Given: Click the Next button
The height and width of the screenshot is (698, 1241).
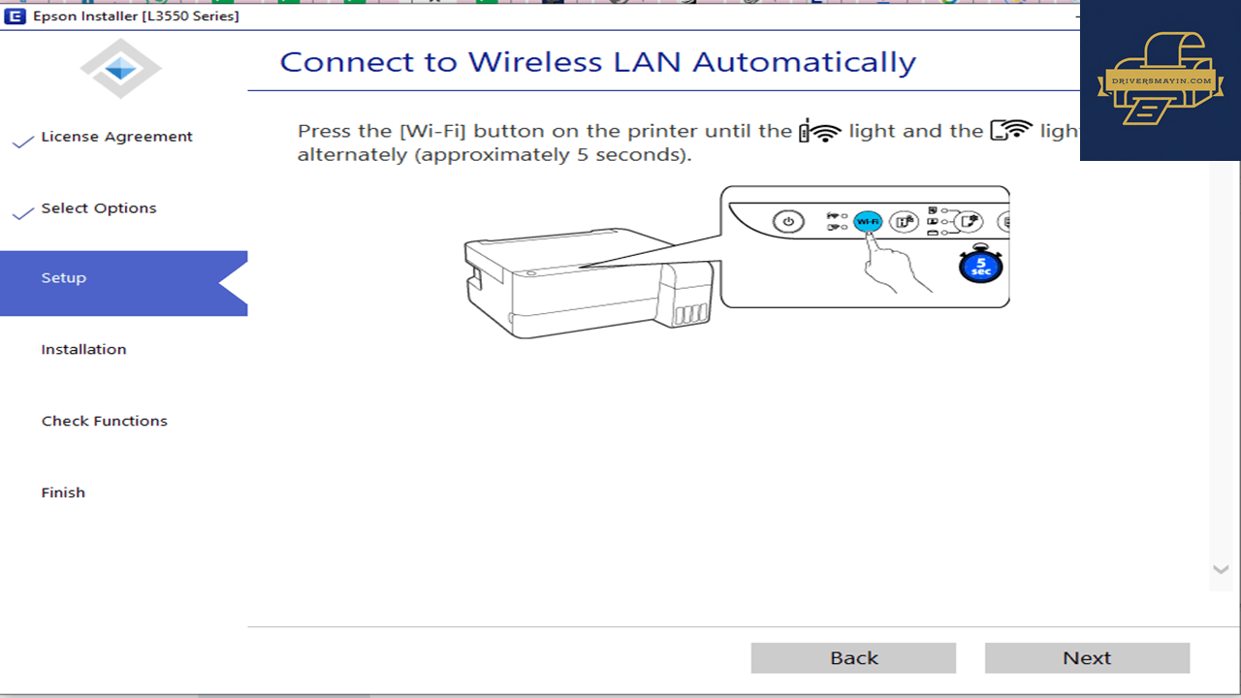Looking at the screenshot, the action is (1087, 657).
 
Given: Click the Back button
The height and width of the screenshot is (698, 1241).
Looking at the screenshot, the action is (853, 657).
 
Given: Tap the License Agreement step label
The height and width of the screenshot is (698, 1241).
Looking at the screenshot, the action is (116, 137).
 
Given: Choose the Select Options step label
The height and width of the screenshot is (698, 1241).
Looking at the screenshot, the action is (99, 208).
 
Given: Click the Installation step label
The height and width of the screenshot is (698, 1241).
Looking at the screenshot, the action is (83, 350).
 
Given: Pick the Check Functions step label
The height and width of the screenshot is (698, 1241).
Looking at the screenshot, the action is (104, 421).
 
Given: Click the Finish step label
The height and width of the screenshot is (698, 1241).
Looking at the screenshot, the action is (63, 492).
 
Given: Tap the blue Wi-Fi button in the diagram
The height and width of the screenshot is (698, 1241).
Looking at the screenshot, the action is (868, 222).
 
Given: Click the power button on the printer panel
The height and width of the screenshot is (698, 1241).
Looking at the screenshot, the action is (788, 222).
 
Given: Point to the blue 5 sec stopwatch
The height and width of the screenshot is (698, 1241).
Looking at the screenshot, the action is (980, 265).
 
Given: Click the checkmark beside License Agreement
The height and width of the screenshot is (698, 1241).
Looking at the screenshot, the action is (22, 142).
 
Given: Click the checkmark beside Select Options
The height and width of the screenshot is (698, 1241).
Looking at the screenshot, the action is (22, 213).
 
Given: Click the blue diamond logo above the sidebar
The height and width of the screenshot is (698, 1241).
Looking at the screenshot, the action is (121, 69).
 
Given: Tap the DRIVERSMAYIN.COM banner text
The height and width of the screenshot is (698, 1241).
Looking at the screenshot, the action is (1161, 80).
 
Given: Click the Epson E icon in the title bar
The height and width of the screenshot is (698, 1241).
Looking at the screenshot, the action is (15, 16).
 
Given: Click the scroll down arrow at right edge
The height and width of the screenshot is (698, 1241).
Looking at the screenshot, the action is (1221, 569).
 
